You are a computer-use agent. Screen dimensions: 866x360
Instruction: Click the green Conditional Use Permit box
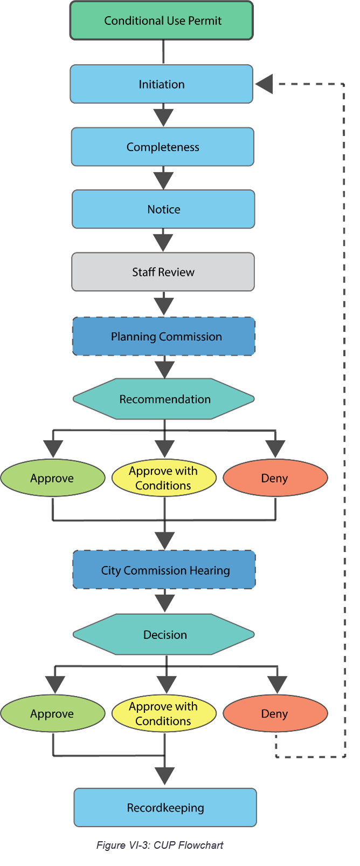(162, 20)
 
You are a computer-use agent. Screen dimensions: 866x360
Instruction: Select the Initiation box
(162, 84)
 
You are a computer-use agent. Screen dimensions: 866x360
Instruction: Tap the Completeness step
(163, 147)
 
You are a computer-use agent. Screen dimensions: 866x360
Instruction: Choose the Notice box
(163, 209)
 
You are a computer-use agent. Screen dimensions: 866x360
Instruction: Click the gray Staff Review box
(163, 272)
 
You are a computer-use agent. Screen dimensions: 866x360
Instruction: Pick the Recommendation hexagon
(164, 399)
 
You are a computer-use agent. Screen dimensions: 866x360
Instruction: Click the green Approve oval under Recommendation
(52, 478)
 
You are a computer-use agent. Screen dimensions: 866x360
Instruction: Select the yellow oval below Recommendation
(164, 478)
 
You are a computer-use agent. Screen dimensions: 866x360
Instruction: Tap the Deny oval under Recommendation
(275, 478)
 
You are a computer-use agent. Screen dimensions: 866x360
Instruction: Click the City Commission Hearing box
(164, 570)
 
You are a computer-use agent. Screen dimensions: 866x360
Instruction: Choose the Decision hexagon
(164, 635)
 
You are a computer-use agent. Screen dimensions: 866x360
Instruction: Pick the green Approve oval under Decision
(52, 713)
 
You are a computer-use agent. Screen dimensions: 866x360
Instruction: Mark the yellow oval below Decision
(164, 713)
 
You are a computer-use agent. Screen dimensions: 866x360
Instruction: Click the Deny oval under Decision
(275, 713)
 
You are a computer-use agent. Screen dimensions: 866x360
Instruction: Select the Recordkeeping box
(165, 808)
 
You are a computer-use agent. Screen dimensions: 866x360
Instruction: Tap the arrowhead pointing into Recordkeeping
(165, 776)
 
